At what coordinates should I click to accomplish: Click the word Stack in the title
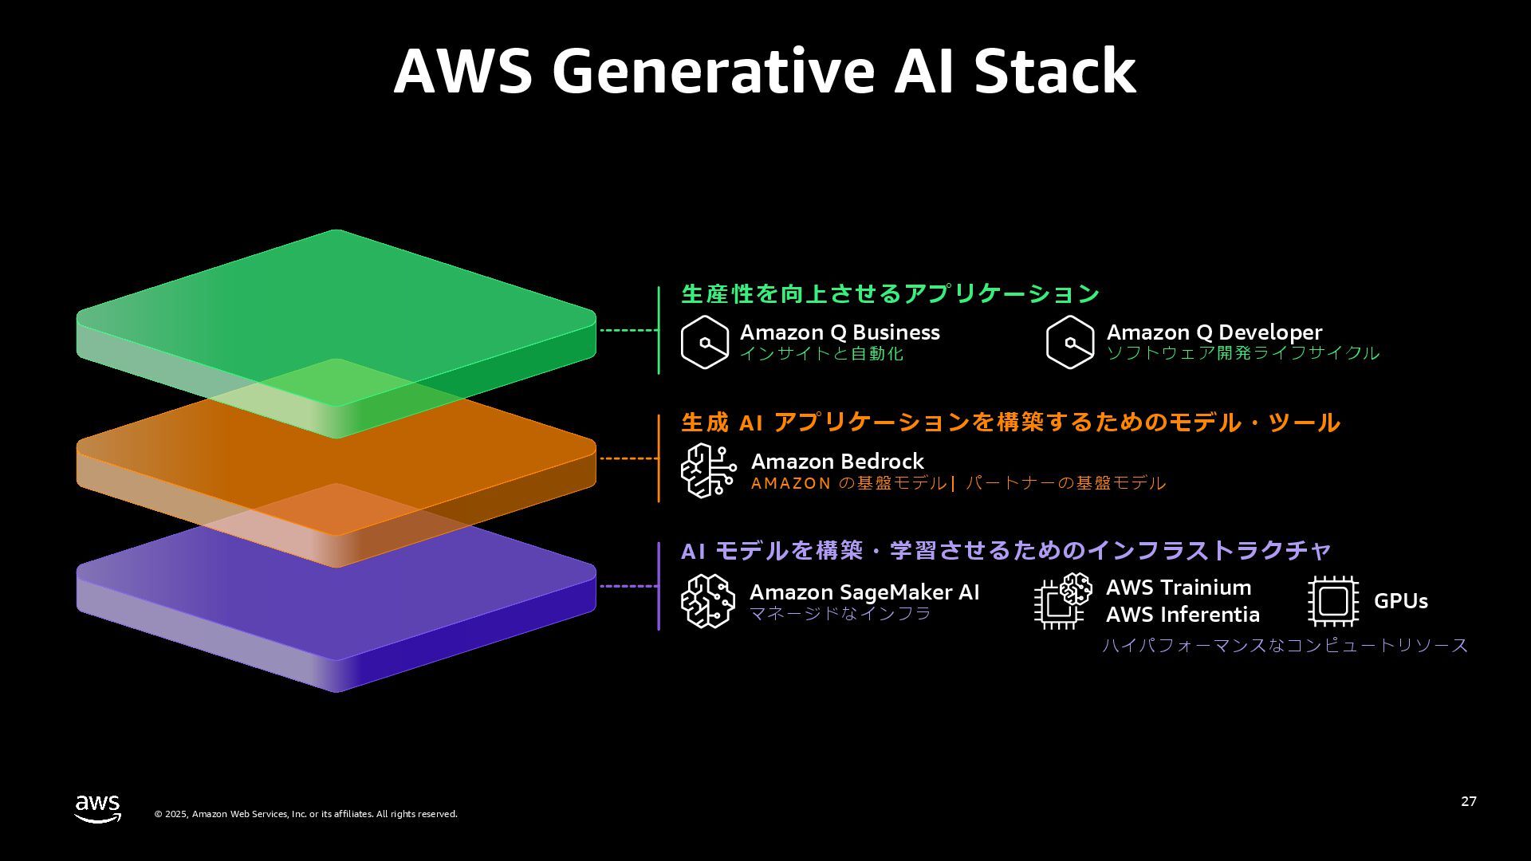(1055, 72)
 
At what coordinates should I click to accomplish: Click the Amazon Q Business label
(840, 332)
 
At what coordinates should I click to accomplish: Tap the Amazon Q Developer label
(1214, 332)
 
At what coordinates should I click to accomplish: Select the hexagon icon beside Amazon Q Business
(705, 342)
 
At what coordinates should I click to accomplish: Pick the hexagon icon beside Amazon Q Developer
(1070, 342)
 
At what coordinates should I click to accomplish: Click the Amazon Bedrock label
(837, 462)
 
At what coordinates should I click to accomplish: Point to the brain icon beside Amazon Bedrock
(708, 470)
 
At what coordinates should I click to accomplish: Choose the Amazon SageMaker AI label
(864, 592)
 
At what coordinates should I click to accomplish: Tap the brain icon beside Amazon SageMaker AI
(708, 600)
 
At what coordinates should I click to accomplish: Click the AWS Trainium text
(1179, 588)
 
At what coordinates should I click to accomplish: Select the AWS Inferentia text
(1183, 615)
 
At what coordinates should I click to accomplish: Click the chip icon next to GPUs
(1333, 601)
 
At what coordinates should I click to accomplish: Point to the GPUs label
(1400, 601)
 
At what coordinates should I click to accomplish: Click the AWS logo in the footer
(98, 808)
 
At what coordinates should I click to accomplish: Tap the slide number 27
(1468, 801)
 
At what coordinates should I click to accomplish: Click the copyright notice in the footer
(305, 814)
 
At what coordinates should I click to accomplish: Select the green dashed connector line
(628, 330)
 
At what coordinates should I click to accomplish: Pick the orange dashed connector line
(628, 458)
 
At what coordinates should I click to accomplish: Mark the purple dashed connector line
(628, 586)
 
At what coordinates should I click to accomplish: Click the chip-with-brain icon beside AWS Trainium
(1062, 601)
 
